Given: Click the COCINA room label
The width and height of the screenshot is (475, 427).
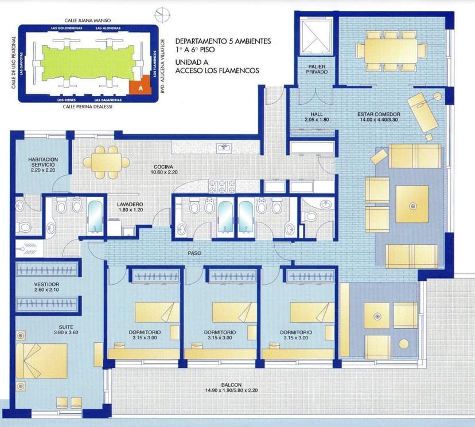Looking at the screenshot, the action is [x=163, y=167].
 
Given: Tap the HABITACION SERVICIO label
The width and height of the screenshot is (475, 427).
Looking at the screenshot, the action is [x=43, y=162].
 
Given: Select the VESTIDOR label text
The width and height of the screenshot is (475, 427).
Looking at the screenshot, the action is [x=46, y=284].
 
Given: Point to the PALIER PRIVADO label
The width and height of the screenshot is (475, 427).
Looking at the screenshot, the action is [x=317, y=69].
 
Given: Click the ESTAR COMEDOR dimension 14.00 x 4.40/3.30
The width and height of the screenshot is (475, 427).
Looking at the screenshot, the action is [x=379, y=120].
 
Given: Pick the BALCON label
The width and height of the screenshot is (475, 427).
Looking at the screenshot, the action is [x=231, y=385].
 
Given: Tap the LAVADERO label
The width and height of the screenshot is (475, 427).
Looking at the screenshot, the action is [x=130, y=205].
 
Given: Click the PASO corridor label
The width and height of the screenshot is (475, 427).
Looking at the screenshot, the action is [x=194, y=253].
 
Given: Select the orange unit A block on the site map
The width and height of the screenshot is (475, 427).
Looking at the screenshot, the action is [x=140, y=85].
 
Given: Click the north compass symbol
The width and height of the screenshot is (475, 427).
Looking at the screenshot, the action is [x=162, y=14].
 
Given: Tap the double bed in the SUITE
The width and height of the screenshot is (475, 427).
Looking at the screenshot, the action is [x=41, y=361].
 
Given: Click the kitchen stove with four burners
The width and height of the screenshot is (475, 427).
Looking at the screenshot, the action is [x=222, y=186].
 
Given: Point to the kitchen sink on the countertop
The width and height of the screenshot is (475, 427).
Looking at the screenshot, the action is [x=224, y=148].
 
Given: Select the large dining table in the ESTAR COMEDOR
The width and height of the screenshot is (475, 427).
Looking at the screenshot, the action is [x=391, y=50].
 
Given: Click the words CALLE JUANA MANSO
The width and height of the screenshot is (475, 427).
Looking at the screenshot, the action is [x=88, y=20].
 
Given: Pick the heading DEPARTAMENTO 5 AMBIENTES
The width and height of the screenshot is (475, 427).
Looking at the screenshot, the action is [x=223, y=41].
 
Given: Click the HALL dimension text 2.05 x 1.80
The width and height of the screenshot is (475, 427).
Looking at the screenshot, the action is [x=317, y=120].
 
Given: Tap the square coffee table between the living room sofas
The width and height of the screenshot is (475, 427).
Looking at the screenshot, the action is [x=412, y=204].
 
